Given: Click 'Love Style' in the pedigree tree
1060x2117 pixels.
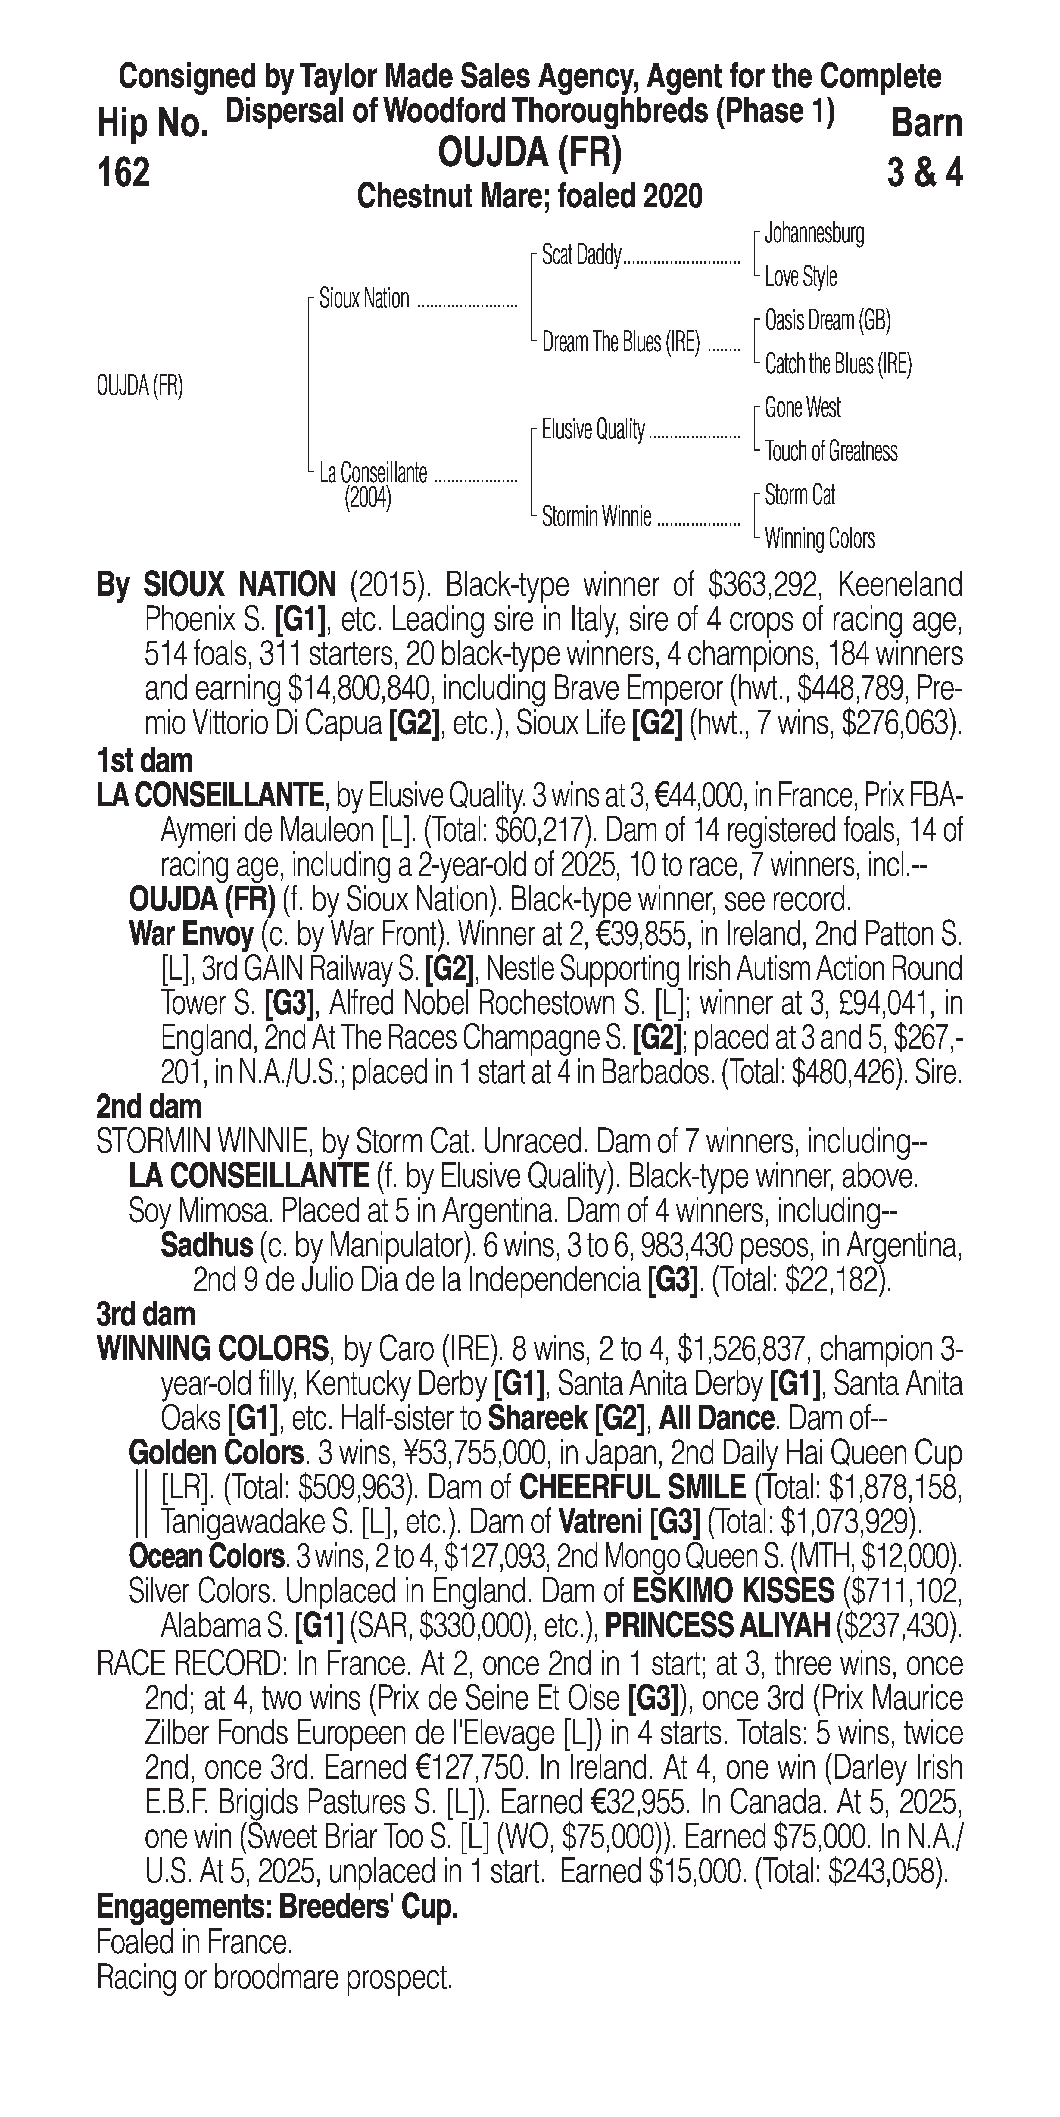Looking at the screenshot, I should click(800, 277).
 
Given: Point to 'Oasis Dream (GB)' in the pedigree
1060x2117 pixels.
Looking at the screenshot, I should click(827, 320).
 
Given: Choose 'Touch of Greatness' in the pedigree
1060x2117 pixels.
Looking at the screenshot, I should click(831, 451).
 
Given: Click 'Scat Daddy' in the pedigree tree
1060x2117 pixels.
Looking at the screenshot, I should click(581, 256).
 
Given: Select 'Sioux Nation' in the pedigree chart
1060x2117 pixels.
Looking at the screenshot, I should click(364, 299).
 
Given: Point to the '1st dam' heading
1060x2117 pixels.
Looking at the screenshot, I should click(145, 760).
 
